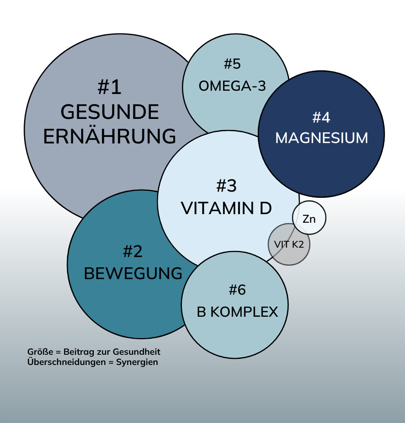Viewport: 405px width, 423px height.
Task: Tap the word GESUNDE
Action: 110,112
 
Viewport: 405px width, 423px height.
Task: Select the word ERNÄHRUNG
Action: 110,137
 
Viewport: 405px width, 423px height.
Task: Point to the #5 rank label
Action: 232,64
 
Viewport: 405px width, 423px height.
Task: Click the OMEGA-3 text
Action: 232,86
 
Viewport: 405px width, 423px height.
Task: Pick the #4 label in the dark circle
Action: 321,117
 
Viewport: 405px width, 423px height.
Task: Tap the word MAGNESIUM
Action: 321,138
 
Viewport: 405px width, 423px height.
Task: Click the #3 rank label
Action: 227,186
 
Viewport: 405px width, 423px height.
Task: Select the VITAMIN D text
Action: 227,208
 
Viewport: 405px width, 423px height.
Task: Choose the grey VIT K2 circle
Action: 289,244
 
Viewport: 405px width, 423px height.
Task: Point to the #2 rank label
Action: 133,251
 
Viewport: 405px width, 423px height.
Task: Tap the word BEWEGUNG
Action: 133,273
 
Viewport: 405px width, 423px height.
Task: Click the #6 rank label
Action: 237,290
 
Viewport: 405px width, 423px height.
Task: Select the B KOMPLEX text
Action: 237,312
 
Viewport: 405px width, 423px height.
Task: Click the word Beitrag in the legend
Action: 77,352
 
